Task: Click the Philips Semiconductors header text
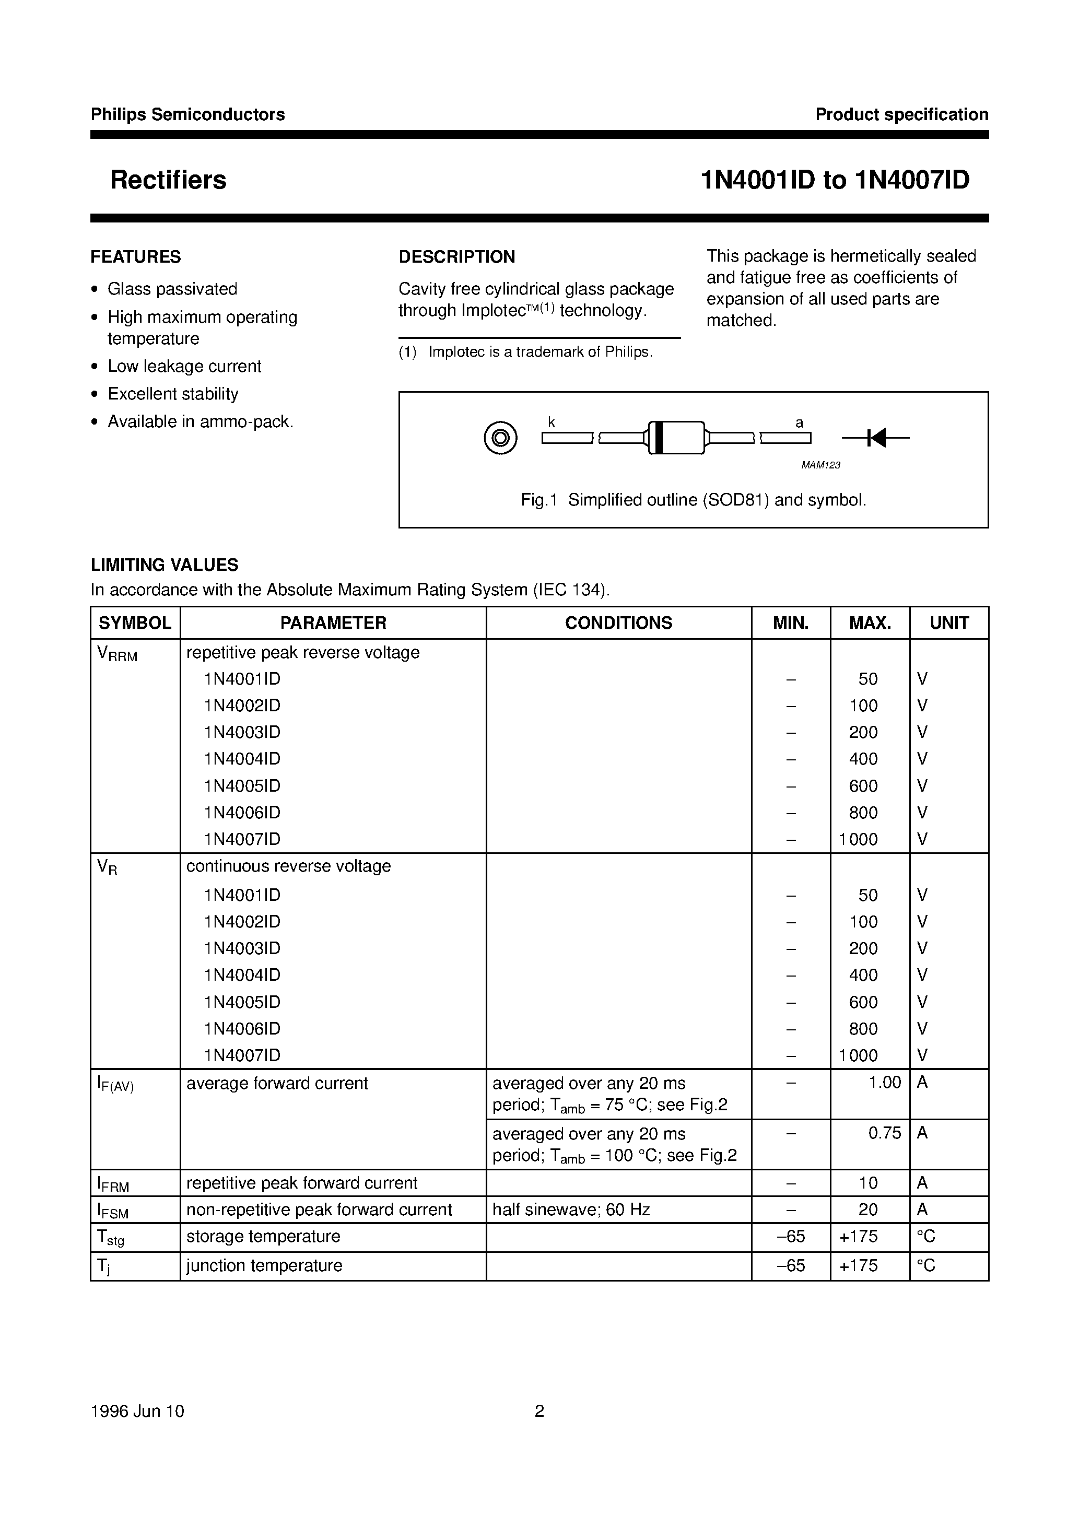pos(187,114)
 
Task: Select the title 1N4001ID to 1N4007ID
pos(835,180)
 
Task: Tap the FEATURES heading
pos(136,257)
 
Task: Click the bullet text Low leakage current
pos(184,367)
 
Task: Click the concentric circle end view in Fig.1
pos(500,438)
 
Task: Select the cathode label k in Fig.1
pos(552,422)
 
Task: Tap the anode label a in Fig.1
pos(800,423)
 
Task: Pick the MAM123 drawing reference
pos(821,465)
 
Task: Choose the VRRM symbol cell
pos(117,654)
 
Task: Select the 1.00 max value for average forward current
pos(884,1083)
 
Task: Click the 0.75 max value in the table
pos(884,1133)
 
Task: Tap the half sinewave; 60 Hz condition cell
pos(571,1210)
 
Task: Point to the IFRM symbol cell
pos(113,1184)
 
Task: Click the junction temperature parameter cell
pos(264,1266)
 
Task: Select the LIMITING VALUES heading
pos(165,565)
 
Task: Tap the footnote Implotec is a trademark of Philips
pos(539,353)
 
